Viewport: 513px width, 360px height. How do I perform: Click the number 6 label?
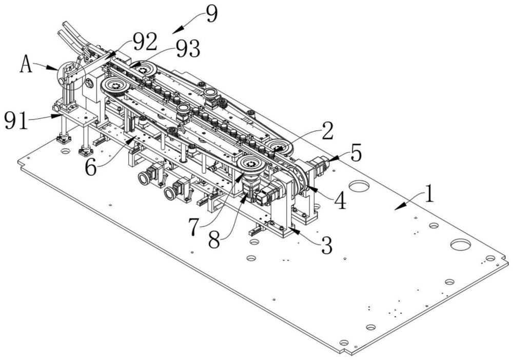tap(91, 167)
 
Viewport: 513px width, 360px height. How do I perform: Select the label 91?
tap(17, 121)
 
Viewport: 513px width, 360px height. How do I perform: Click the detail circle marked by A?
tap(72, 76)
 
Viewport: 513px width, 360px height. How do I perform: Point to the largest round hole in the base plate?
tap(460, 244)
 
